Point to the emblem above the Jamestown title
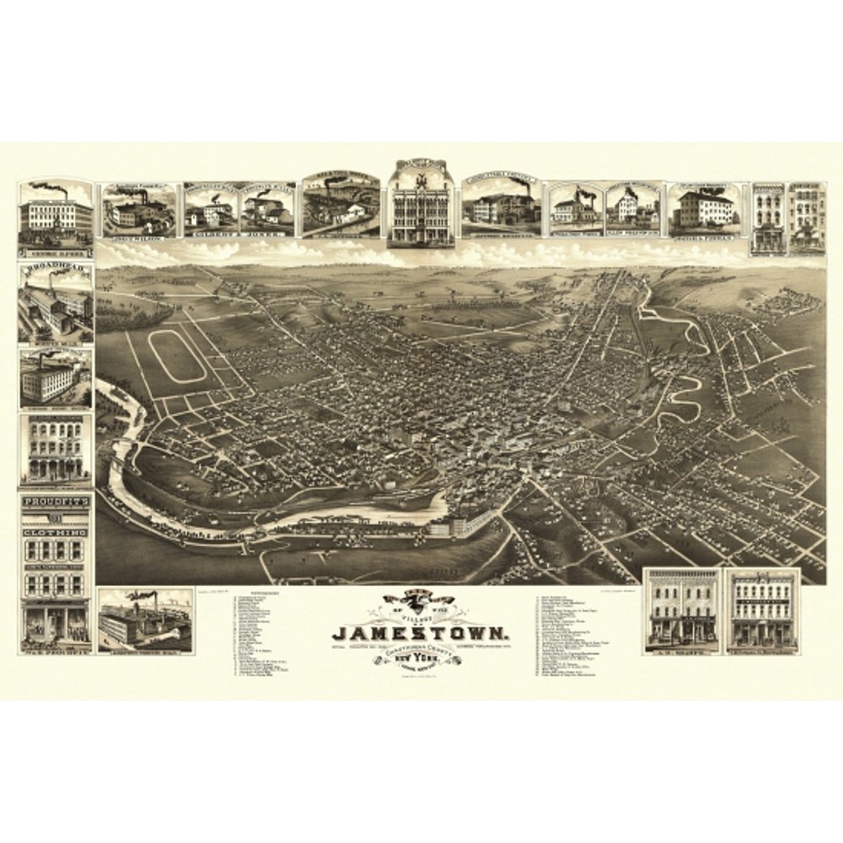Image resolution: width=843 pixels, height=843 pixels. [x=420, y=602]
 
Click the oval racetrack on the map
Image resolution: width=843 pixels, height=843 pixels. [x=179, y=354]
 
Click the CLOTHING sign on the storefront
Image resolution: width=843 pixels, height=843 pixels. [x=56, y=534]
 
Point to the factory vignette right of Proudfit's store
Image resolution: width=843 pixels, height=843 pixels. [x=145, y=621]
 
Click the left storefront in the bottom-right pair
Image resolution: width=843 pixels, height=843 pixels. [x=682, y=611]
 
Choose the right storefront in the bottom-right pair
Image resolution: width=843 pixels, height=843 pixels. [x=763, y=611]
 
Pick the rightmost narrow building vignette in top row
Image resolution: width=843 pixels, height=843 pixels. [x=807, y=218]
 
